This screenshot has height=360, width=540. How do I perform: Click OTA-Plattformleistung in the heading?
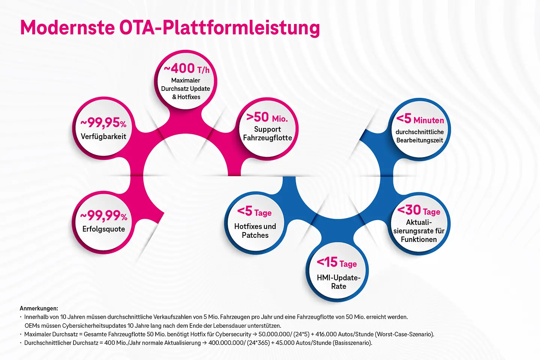tap(220, 27)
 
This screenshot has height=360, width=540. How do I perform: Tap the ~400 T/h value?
tap(186, 69)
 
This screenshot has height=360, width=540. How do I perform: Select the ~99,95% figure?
tap(103, 123)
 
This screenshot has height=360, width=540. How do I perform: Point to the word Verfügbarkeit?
tap(103, 136)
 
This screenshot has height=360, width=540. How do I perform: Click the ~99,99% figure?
tap(104, 216)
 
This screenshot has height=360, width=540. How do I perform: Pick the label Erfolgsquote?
tap(103, 229)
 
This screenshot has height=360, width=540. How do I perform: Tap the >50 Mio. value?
tap(267, 117)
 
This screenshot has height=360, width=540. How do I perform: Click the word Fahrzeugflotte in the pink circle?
tap(267, 138)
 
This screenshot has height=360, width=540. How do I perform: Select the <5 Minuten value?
tap(420, 119)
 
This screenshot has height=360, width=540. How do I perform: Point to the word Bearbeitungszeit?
tap(420, 140)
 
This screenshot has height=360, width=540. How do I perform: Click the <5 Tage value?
tap(254, 211)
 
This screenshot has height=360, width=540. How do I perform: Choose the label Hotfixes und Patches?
tap(255, 231)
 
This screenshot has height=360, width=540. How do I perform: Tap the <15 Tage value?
tap(337, 262)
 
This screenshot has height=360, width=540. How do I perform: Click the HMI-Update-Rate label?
tap(338, 282)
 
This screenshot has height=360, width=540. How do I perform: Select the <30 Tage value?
tap(418, 210)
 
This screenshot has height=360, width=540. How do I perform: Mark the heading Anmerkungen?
tap(39, 308)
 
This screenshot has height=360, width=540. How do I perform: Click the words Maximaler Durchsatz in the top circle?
tap(186, 84)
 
